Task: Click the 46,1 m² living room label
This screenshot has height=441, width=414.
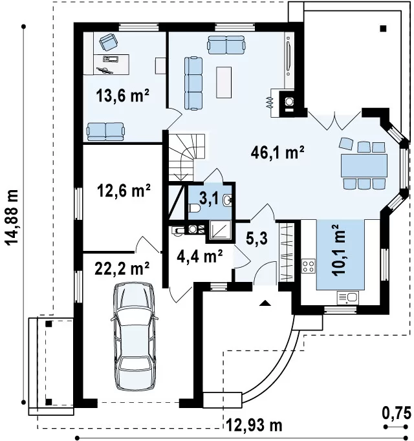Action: click(278, 153)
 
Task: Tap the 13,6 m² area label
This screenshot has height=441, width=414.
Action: click(122, 96)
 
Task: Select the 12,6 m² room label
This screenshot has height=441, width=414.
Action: click(124, 191)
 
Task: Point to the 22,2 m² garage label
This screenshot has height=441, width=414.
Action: click(122, 268)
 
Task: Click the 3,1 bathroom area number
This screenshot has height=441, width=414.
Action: click(208, 199)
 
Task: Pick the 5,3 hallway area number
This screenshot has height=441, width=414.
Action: click(256, 239)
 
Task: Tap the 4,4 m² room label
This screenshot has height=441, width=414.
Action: click(199, 256)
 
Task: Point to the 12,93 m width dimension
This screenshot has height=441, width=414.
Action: click(254, 425)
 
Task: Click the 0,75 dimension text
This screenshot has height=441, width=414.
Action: click(397, 414)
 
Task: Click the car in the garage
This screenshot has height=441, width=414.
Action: click(134, 336)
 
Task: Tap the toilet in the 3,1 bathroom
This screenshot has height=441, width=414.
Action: click(194, 208)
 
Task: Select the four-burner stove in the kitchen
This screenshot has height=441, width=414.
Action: click(309, 266)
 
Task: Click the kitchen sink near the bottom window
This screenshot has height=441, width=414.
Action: click(348, 298)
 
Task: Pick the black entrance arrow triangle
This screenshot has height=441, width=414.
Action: click(265, 303)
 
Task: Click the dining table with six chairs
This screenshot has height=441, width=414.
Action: click(364, 166)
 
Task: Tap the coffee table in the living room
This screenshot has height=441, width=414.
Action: click(224, 82)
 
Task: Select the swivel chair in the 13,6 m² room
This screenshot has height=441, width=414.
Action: click(109, 42)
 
